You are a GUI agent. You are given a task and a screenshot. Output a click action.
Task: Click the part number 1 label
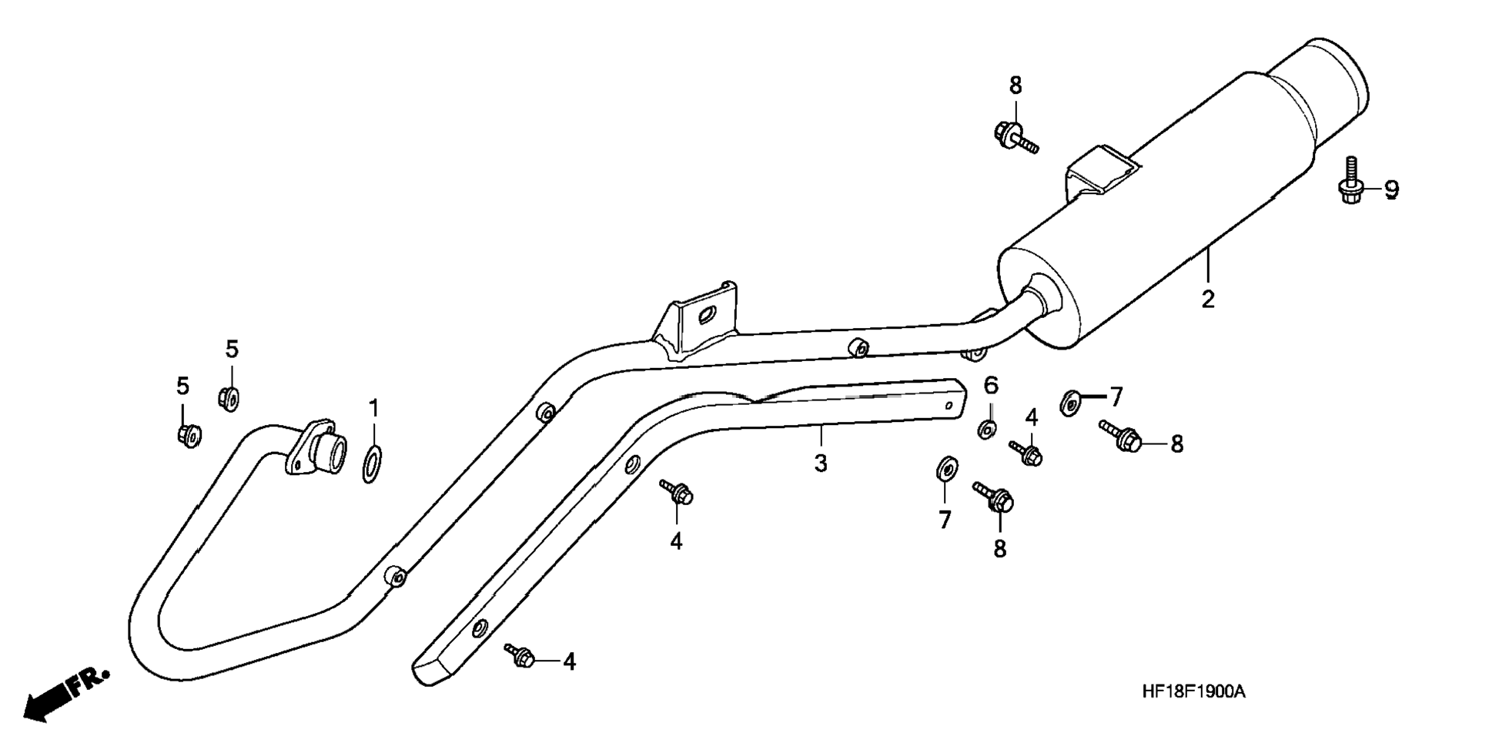373,407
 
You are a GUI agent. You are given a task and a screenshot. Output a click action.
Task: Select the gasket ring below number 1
372,464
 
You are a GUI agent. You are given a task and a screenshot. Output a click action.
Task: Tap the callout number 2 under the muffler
1207,298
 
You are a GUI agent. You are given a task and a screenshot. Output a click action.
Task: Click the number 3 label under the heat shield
821,464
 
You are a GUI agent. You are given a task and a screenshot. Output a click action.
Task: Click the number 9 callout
1391,189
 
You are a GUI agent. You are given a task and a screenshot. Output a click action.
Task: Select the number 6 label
991,384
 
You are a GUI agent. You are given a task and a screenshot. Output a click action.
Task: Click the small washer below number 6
987,429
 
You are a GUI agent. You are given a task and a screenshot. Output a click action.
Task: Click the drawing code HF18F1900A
1193,691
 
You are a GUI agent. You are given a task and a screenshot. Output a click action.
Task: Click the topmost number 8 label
1016,85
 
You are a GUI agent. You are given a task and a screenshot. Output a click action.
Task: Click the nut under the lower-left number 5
188,435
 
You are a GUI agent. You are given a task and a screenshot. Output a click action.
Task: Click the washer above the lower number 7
945,467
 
